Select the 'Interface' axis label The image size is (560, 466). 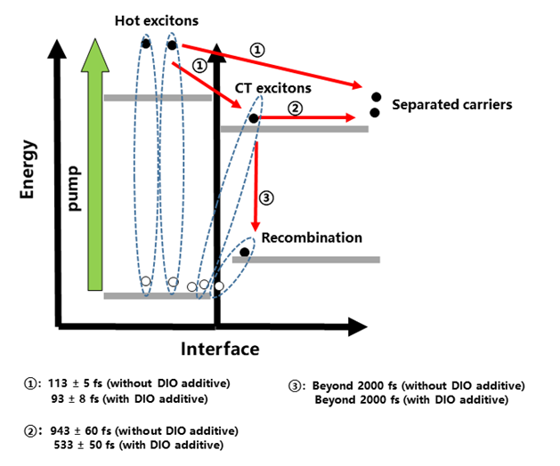click(x=220, y=348)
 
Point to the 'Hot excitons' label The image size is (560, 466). click(x=158, y=20)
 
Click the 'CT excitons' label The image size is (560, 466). click(x=272, y=88)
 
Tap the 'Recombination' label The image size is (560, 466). click(x=311, y=237)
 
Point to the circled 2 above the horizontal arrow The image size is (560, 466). click(x=296, y=107)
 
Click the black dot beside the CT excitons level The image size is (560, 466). click(x=254, y=118)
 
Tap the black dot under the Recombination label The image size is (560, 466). click(x=245, y=253)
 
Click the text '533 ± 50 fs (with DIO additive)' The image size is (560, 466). click(x=133, y=445)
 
